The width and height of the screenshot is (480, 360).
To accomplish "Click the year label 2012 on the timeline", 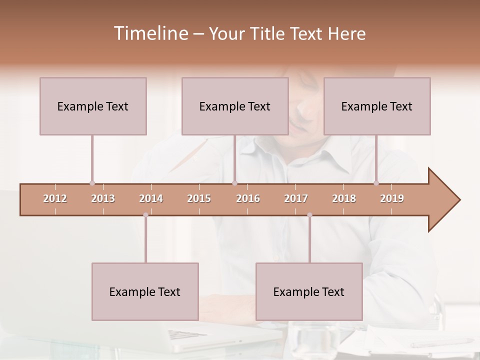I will [x=55, y=198].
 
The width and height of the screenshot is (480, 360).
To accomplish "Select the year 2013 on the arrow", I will [x=103, y=198].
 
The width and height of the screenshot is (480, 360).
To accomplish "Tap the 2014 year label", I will [x=151, y=198].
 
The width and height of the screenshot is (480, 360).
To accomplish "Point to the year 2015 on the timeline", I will [x=199, y=198].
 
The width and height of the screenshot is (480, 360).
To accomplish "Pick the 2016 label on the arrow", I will [x=248, y=198].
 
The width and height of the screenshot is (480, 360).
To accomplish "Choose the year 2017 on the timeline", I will [x=296, y=198].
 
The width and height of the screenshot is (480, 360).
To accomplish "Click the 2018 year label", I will [x=344, y=198].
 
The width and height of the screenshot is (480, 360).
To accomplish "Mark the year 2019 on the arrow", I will [x=392, y=198].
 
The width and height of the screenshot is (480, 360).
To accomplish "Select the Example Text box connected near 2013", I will [x=93, y=106].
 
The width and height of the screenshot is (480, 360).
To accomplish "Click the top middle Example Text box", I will [x=235, y=106].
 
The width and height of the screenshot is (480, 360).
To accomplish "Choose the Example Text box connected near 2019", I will [x=377, y=106].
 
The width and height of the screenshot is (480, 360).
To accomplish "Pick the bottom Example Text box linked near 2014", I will [x=145, y=291].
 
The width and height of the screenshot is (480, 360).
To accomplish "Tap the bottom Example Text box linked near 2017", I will [x=309, y=291].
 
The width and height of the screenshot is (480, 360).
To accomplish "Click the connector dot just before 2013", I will [x=92, y=183].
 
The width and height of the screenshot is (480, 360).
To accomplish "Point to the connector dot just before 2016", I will [x=234, y=183].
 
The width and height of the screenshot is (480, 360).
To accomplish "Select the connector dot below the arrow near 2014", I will [x=145, y=215].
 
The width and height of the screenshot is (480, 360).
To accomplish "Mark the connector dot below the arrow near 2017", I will [x=309, y=215].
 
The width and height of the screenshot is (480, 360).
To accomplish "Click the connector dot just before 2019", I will [x=376, y=183].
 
